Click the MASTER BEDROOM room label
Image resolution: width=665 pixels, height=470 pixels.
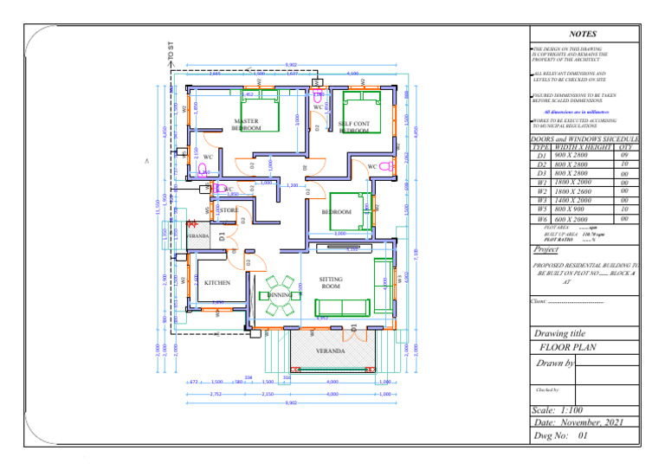(247, 125)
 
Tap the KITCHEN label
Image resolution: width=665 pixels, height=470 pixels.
(216, 283)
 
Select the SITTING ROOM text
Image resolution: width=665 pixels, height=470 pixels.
(331, 283)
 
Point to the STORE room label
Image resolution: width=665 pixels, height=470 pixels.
(229, 210)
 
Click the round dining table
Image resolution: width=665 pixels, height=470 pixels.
(280, 294)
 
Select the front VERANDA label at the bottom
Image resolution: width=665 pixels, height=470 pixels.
(329, 351)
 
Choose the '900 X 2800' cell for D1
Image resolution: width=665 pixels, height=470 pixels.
(571, 155)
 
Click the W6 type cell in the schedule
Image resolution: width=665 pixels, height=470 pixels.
(541, 220)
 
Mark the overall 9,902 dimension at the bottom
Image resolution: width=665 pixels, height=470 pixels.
(291, 402)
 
